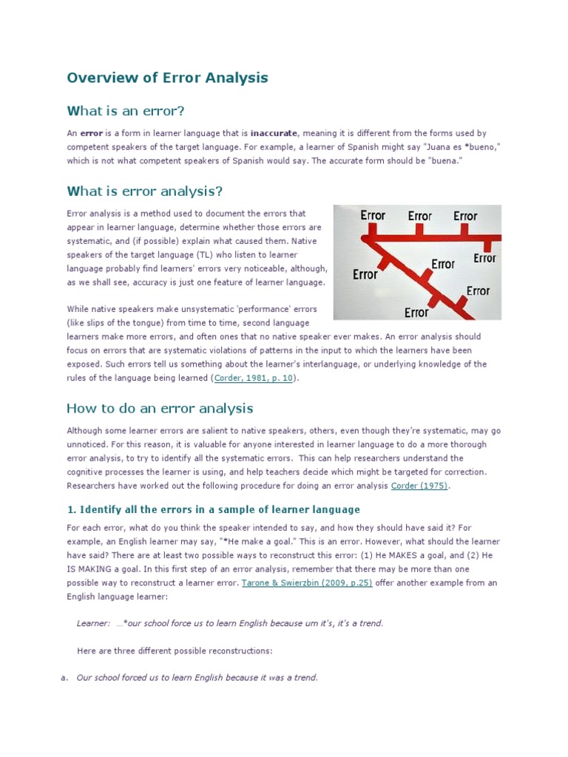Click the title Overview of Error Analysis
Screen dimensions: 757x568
[x=167, y=78]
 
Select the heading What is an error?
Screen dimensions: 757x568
[x=125, y=111]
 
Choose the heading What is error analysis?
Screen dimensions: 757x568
[x=144, y=191]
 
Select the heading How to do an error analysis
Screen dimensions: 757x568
[x=160, y=408]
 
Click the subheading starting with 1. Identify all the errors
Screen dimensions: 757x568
[x=213, y=509]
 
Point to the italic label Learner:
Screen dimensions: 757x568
[x=93, y=623]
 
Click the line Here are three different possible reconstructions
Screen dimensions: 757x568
[x=175, y=651]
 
